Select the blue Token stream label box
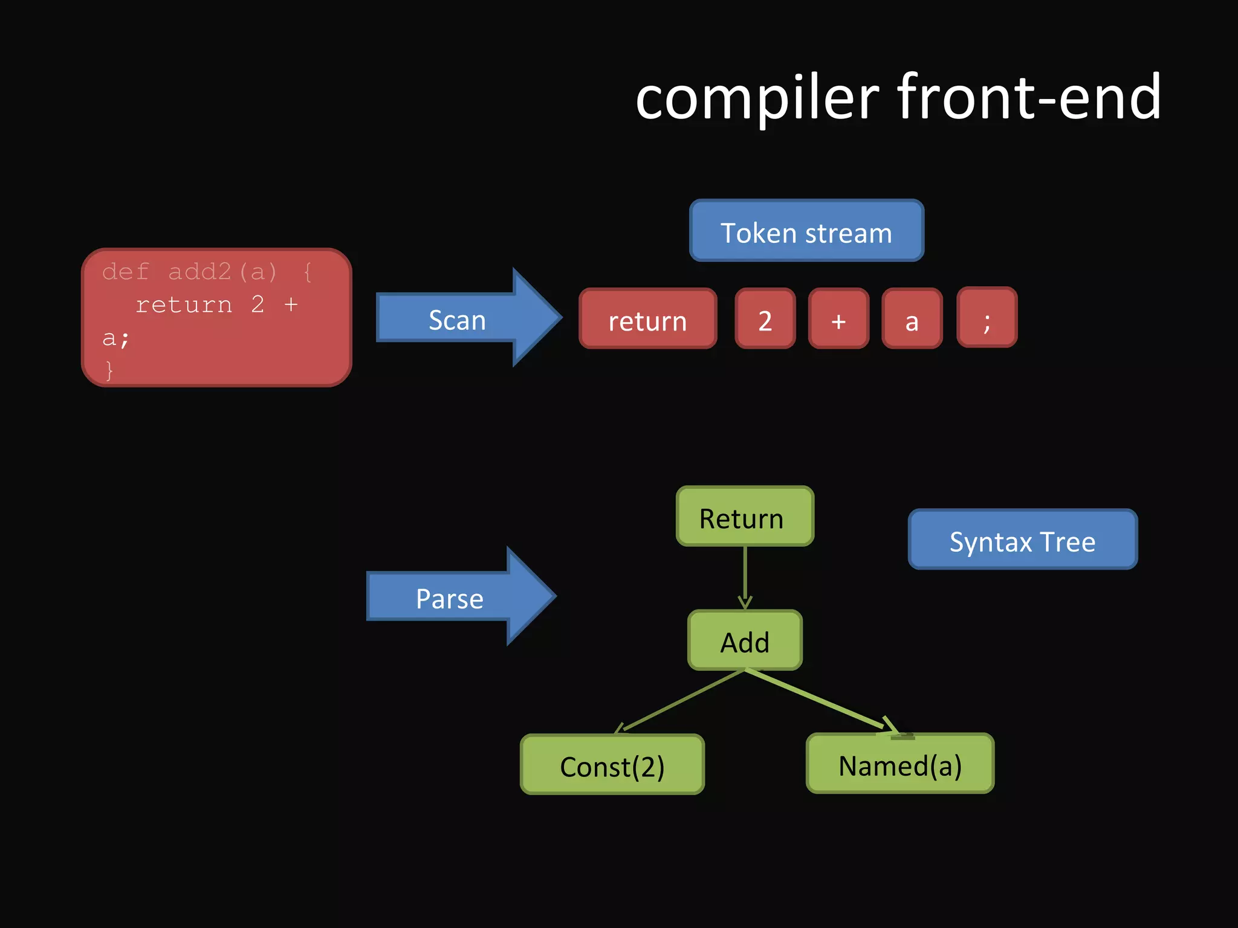pos(806,231)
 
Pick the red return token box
pos(647,319)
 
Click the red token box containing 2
pos(765,319)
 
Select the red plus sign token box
pos(838,319)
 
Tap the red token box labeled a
pos(912,319)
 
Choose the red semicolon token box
pos(987,318)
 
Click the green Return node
pos(745,517)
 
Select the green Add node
pos(745,640)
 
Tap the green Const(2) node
pos(612,765)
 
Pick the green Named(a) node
pos(900,764)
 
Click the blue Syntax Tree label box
pos(1022,540)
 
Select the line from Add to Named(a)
pos(816,701)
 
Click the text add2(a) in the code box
pos(222,272)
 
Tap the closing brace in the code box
pos(109,370)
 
